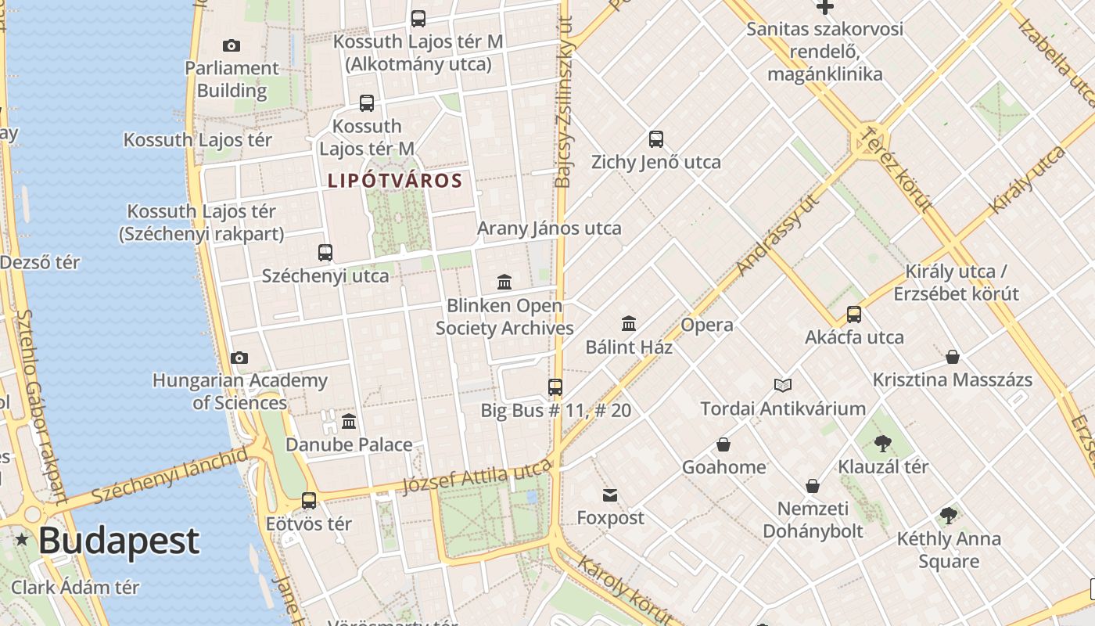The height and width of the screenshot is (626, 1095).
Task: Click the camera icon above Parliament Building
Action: [232, 45]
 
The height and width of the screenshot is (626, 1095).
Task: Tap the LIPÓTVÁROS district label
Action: [395, 181]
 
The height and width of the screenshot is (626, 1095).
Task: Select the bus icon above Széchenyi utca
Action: [325, 253]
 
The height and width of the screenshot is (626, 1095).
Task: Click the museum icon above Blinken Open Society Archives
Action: [504, 282]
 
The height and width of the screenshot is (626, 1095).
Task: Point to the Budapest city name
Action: [119, 541]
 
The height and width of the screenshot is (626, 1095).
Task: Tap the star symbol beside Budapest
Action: [22, 539]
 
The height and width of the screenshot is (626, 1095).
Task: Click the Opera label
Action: [707, 325]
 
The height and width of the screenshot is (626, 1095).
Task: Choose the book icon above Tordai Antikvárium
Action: [783, 385]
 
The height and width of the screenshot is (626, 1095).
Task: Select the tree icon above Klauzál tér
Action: [883, 444]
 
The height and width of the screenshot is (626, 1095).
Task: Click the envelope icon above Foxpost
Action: [610, 495]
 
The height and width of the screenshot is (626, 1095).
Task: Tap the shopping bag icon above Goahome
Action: [723, 444]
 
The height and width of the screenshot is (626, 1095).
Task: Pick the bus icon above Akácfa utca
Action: [854, 315]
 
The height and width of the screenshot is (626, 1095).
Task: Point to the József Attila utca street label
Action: [476, 477]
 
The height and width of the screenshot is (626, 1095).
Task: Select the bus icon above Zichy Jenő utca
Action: [655, 139]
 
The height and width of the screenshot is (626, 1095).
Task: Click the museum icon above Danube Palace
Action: [349, 422]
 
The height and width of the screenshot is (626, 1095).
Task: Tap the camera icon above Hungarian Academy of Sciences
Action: [239, 358]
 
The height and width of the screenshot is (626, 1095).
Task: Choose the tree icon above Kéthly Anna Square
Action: [949, 516]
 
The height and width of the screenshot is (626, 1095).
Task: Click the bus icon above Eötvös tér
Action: [309, 501]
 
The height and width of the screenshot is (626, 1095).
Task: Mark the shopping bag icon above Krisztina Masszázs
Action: [953, 357]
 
